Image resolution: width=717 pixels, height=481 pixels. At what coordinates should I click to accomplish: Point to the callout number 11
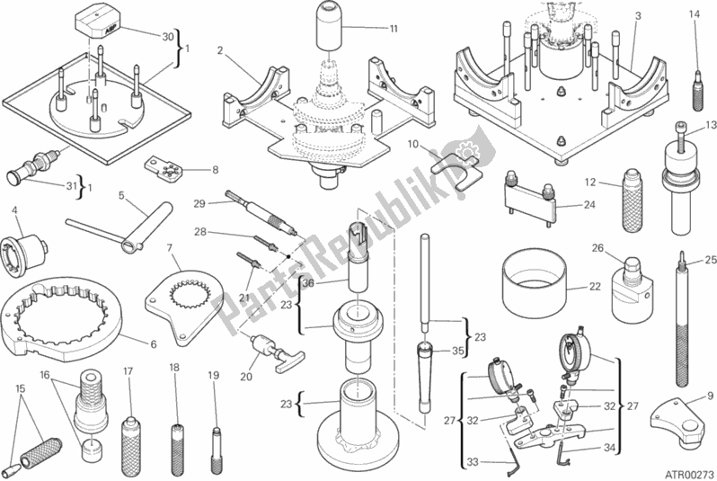point(394,30)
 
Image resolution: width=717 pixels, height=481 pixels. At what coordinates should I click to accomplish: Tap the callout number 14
point(693,14)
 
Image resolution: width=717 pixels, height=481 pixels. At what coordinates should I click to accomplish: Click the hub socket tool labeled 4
point(25,251)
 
